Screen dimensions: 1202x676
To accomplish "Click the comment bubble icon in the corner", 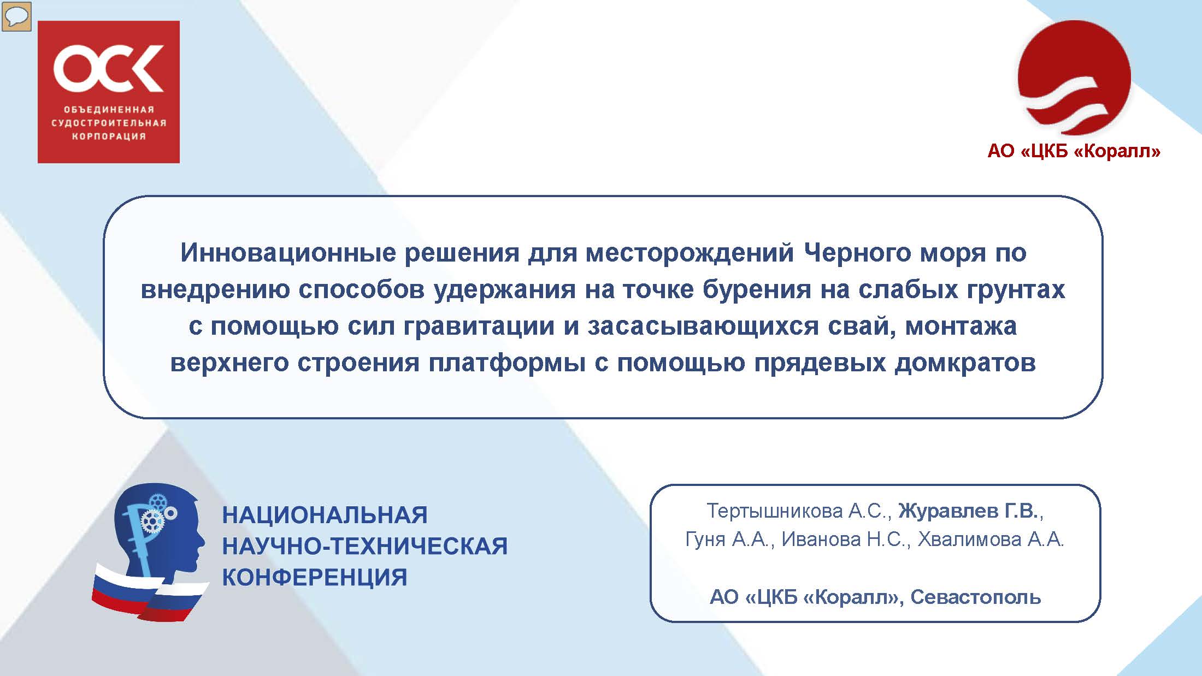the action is click(16, 16).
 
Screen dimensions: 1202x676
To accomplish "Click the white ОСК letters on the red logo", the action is click(109, 68).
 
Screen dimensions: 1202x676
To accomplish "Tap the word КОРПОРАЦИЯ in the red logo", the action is click(109, 136).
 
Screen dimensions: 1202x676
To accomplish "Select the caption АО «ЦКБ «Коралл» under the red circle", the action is click(1074, 151).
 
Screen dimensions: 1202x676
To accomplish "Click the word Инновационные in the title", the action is click(289, 253).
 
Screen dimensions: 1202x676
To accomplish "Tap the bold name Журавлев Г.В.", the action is click(968, 511).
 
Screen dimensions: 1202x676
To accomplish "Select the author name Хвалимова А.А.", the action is click(991, 539).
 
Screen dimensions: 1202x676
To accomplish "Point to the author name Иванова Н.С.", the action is click(844, 539).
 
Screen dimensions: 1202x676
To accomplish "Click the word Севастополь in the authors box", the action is click(975, 597).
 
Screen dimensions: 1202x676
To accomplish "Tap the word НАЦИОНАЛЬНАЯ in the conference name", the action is click(325, 515).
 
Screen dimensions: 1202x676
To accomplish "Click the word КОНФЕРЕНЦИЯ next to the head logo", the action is click(315, 577).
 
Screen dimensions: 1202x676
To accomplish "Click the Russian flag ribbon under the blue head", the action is click(149, 594).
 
